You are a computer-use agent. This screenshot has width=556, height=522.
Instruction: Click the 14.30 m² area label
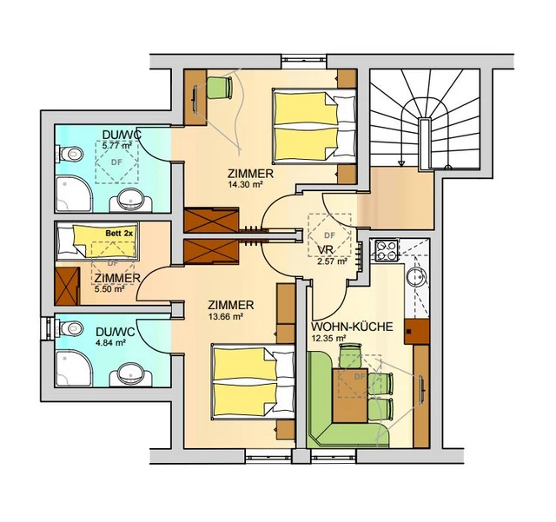click(x=246, y=184)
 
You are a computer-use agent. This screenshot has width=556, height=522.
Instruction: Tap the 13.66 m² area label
click(x=226, y=317)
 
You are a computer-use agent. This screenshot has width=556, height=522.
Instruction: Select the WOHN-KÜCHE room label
click(x=352, y=327)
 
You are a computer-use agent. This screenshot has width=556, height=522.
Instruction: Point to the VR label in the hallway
click(x=325, y=249)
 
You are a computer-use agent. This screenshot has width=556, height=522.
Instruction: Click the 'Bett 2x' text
click(x=119, y=234)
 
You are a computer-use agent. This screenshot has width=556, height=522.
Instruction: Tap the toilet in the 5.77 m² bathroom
click(x=69, y=155)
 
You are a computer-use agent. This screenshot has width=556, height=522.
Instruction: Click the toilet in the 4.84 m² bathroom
click(x=69, y=328)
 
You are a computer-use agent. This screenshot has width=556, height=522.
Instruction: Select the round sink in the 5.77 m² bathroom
click(x=131, y=200)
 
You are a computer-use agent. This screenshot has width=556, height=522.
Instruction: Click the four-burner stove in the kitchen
click(x=385, y=250)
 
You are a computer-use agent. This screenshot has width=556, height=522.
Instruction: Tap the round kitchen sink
click(x=418, y=276)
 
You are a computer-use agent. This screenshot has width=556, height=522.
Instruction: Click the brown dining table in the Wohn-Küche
click(x=350, y=395)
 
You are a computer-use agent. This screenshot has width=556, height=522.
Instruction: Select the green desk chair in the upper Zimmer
click(x=220, y=88)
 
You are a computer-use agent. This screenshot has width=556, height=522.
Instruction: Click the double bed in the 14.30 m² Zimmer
click(x=314, y=127)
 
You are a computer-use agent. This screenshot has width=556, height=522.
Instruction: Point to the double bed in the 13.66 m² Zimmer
click(x=253, y=381)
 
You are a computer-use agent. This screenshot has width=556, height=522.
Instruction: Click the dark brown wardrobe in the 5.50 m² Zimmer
click(x=68, y=286)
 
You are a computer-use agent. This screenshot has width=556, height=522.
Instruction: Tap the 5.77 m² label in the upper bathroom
click(x=117, y=145)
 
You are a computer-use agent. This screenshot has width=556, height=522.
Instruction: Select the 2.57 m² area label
click(x=332, y=262)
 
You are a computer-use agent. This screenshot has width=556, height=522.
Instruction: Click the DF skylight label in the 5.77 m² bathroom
click(x=116, y=162)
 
